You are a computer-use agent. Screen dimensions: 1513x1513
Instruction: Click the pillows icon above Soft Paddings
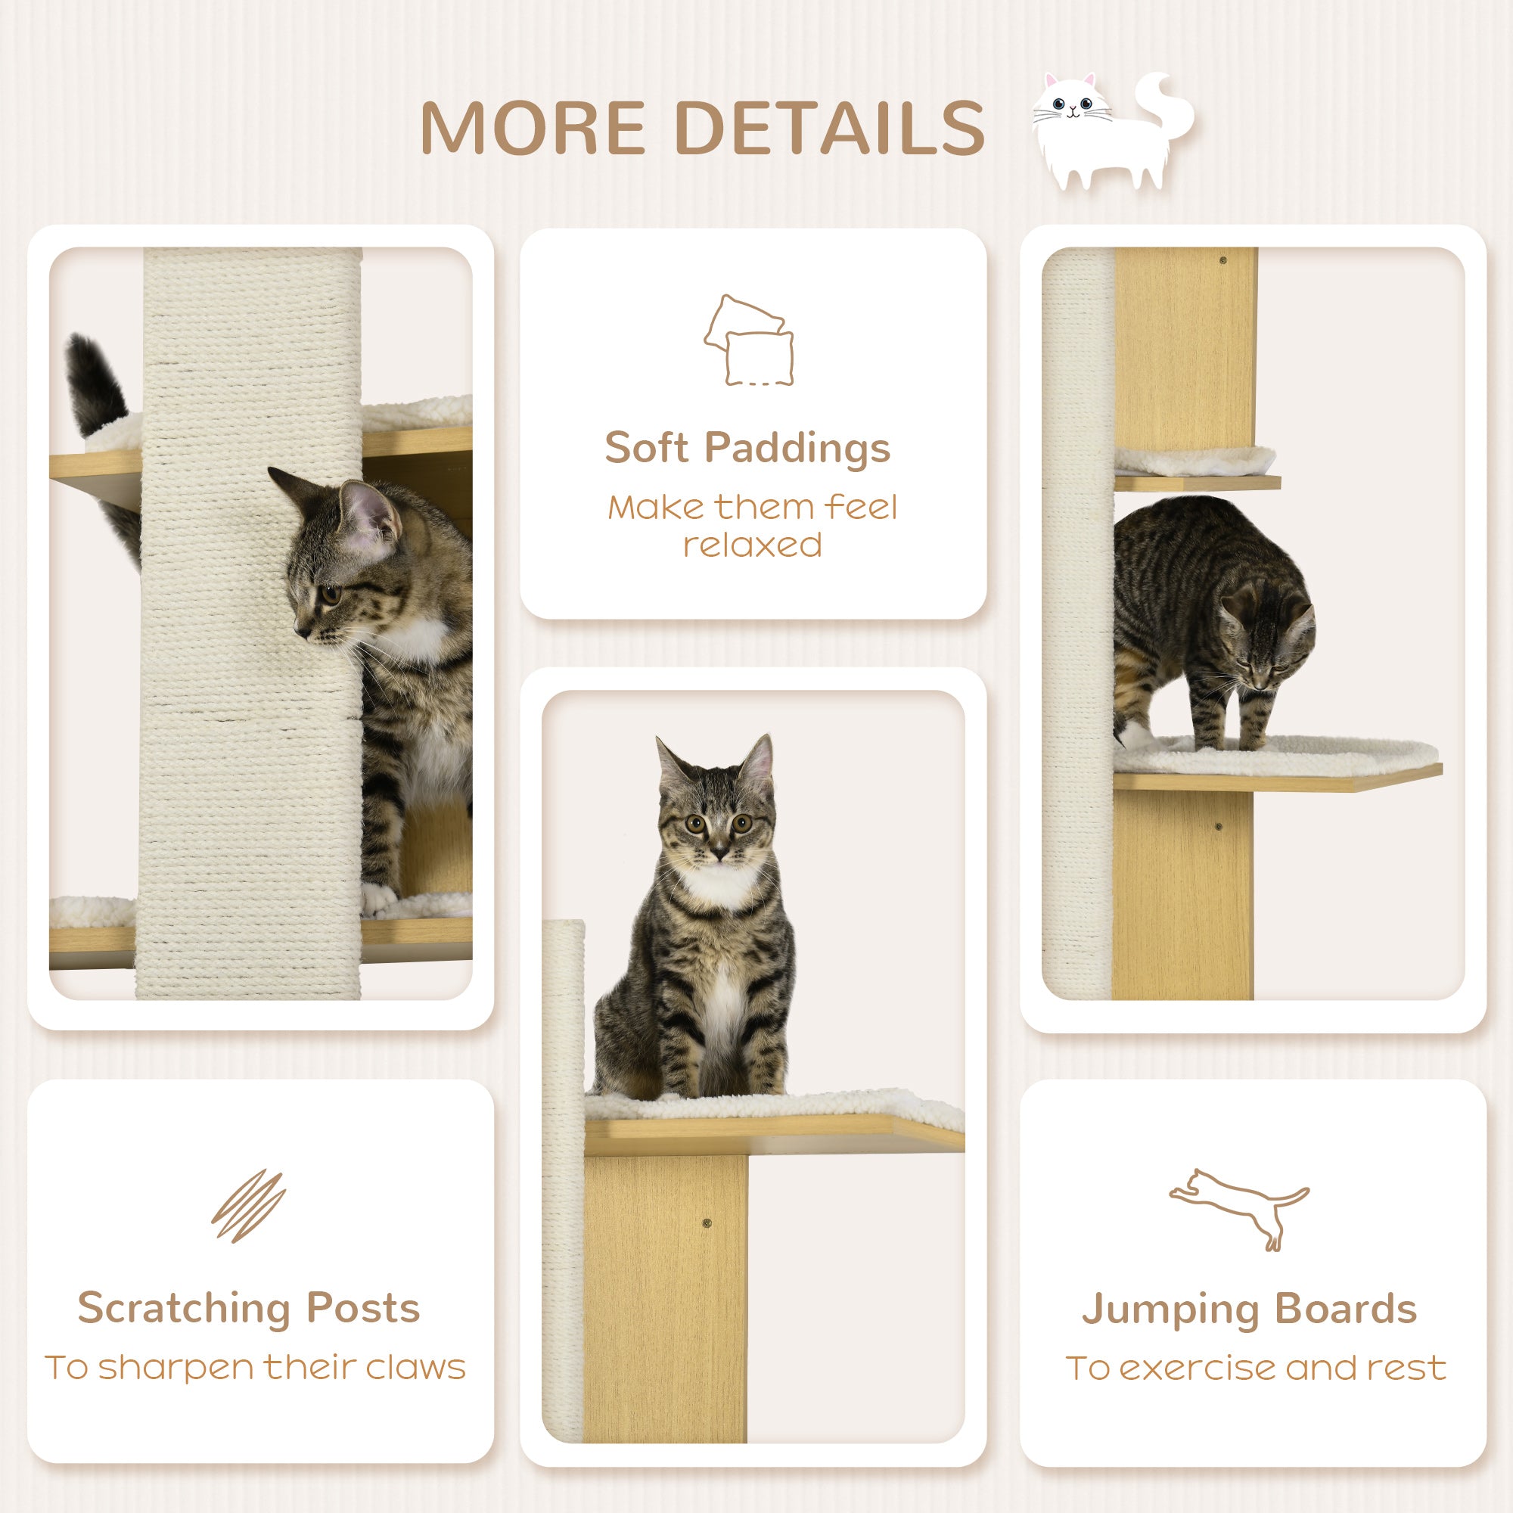tap(749, 340)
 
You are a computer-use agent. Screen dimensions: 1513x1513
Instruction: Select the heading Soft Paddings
tap(747, 448)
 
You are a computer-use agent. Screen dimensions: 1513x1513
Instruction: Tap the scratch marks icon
tap(248, 1205)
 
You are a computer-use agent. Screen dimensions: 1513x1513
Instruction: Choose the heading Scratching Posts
tap(248, 1307)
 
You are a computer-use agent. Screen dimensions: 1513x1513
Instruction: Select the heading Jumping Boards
tap(1249, 1308)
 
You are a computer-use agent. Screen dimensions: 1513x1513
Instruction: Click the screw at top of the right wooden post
tap(1223, 260)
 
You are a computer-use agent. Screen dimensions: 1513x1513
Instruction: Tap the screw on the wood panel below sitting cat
tap(707, 1223)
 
